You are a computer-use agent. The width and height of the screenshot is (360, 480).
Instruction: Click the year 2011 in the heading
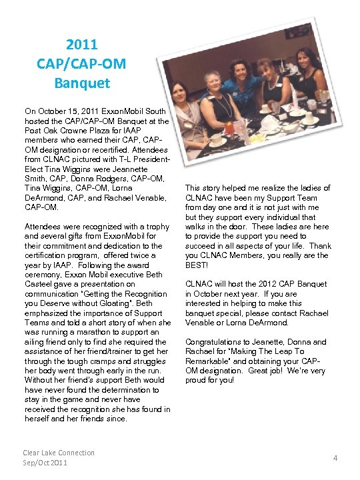pyautogui.click(x=82, y=45)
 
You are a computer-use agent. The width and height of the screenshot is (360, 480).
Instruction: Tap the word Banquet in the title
pyautogui.click(x=82, y=84)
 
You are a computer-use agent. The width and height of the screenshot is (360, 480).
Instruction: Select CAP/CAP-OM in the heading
pyautogui.click(x=82, y=64)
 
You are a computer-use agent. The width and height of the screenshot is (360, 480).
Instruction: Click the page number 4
pyautogui.click(x=335, y=457)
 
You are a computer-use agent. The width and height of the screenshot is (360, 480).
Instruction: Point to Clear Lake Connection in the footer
pyautogui.click(x=59, y=453)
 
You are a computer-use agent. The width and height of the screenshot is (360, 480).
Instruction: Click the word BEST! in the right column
pyautogui.click(x=199, y=265)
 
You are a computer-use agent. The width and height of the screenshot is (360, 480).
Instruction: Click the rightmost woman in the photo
pyautogui.click(x=307, y=73)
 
